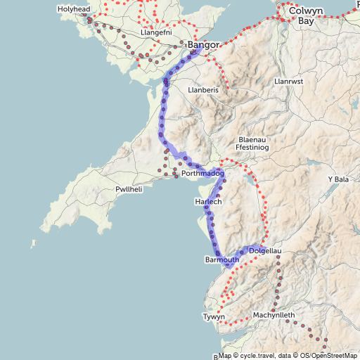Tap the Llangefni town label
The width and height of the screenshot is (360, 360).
click(157, 33)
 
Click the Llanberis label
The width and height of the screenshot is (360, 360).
click(204, 91)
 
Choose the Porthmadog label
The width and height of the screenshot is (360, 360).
click(202, 173)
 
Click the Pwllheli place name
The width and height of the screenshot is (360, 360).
click(129, 191)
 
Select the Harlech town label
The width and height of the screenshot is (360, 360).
click(208, 202)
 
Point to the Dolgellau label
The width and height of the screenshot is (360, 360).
click(265, 250)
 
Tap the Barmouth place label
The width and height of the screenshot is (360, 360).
click(221, 260)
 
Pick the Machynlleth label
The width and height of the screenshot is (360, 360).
click(274, 314)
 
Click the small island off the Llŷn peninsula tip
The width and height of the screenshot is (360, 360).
click(32, 244)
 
